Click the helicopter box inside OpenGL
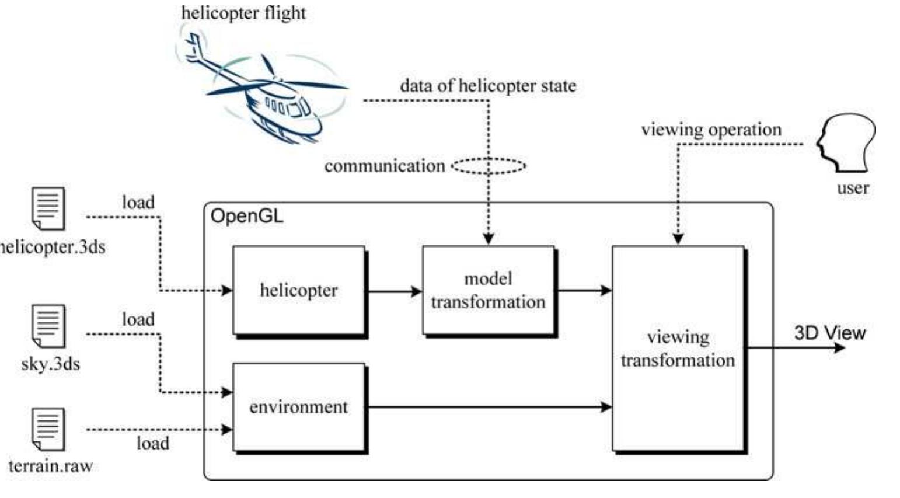coord(298,290)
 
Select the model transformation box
coord(488,290)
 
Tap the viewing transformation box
coord(678,348)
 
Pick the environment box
coord(298,407)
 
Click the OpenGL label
coord(246,217)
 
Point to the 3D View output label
coord(829,333)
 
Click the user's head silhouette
coord(847,144)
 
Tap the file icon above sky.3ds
coord(48,325)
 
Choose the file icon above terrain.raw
coord(48,430)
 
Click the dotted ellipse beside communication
coord(489,166)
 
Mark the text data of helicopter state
coord(488,86)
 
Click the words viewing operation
coord(711,130)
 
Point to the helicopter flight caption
coord(243,13)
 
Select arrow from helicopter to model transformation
coord(394,291)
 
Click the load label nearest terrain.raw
coord(153,443)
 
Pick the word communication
coord(385,166)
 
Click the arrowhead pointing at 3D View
coord(839,348)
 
